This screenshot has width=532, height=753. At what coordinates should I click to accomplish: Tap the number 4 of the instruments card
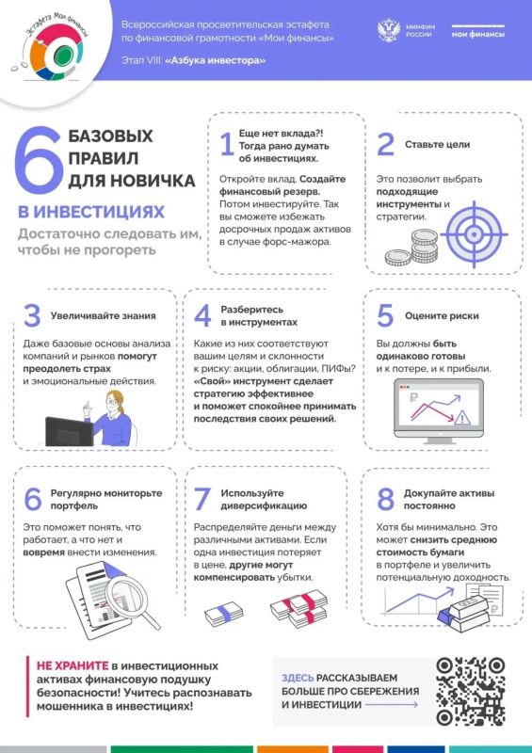coord(202,316)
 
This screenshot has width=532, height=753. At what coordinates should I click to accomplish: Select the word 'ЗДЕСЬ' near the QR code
coord(298,677)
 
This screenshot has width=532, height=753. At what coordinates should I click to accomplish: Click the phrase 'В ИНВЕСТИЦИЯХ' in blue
coord(89,211)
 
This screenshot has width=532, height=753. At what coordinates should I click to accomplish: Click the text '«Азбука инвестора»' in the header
coord(216,61)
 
